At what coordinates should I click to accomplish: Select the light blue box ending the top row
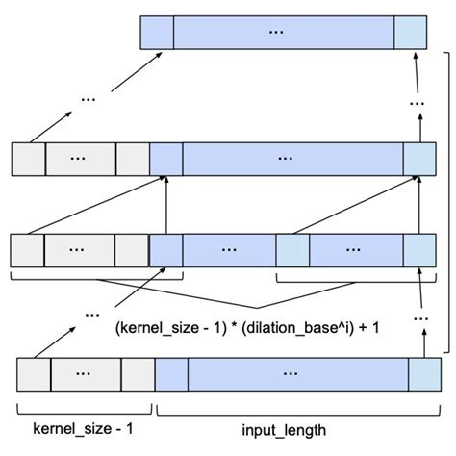click(410, 33)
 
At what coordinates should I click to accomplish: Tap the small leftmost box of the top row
click(157, 33)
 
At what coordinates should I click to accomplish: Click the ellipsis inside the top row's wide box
click(277, 33)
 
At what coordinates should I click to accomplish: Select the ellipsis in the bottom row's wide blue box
click(289, 371)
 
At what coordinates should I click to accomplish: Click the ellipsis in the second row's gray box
click(80, 156)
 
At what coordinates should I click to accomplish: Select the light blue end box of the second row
click(419, 156)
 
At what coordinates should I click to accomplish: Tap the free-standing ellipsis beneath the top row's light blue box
click(417, 100)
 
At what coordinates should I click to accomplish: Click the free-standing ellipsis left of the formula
click(92, 313)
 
